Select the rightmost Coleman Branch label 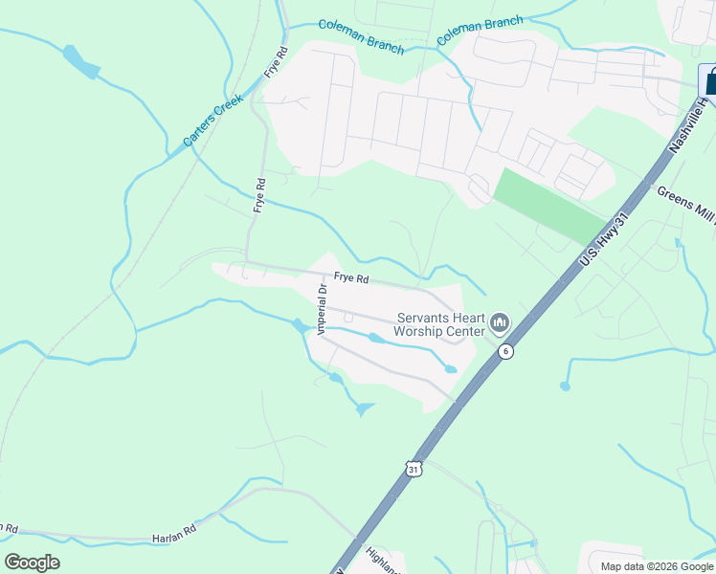click(481, 32)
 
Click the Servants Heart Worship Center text click(442, 324)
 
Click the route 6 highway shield click(505, 352)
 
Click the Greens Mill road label click(685, 204)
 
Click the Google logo click(32, 563)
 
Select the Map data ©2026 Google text click(657, 566)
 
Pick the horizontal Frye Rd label click(351, 278)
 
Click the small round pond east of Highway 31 click(565, 386)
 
